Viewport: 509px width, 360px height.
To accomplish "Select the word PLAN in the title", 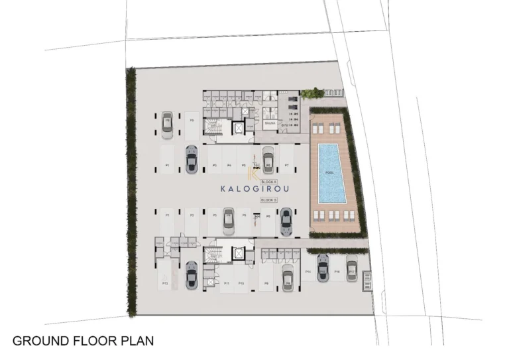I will pyautogui.click(x=141, y=341).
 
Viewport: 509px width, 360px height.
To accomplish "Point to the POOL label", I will pyautogui.click(x=329, y=173).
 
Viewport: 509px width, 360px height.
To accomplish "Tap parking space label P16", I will pyautogui.click(x=337, y=272).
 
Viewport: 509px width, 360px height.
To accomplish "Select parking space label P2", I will pyautogui.click(x=192, y=215).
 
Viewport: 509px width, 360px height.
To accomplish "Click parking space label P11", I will pyautogui.click(x=227, y=283).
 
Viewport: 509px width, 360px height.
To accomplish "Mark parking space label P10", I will pyautogui.click(x=243, y=283).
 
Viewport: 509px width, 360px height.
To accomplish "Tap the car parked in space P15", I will pyautogui.click(x=323, y=267).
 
